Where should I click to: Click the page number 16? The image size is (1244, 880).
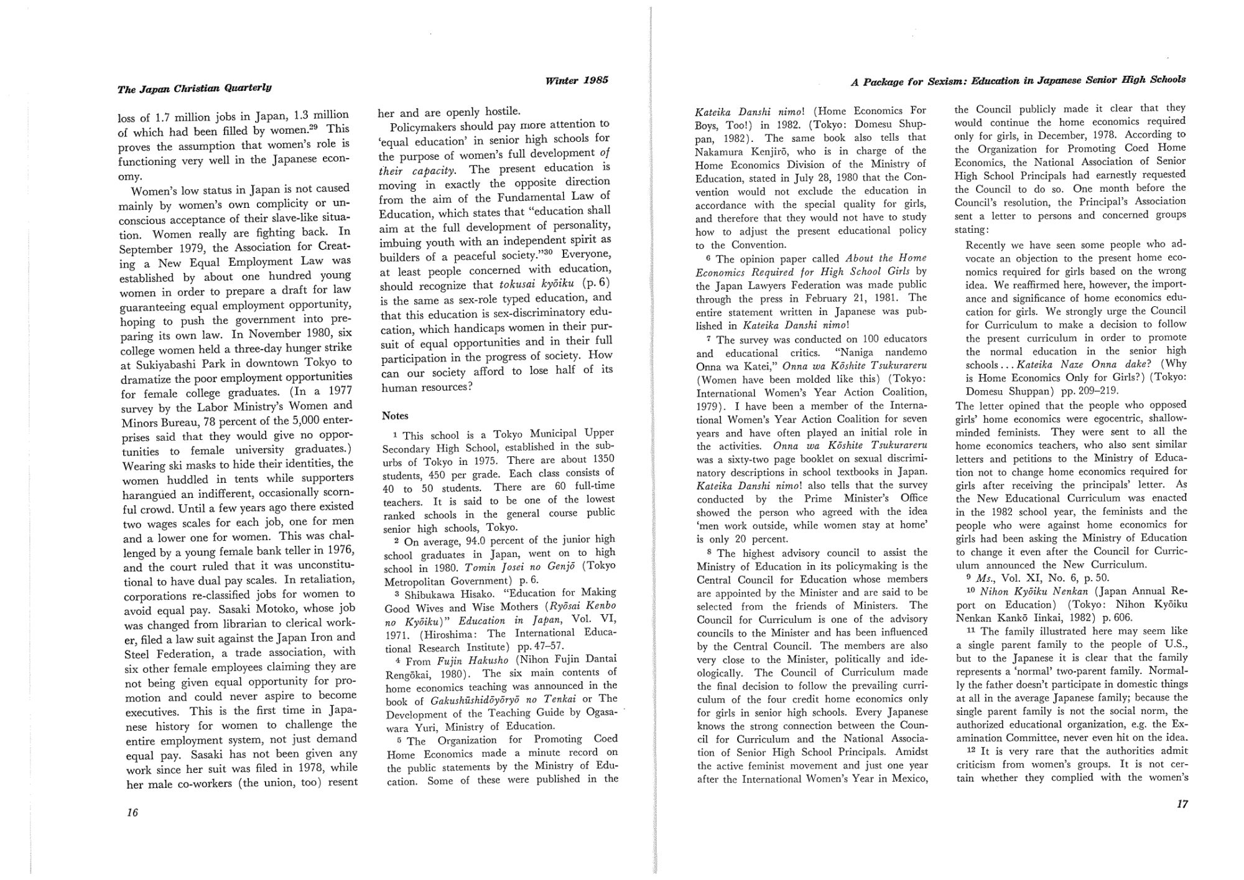[131, 813]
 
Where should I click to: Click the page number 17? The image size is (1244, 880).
[1182, 804]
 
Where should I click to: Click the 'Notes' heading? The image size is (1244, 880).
[395, 416]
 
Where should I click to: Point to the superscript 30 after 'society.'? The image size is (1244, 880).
[550, 252]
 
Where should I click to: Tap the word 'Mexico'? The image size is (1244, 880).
[909, 779]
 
